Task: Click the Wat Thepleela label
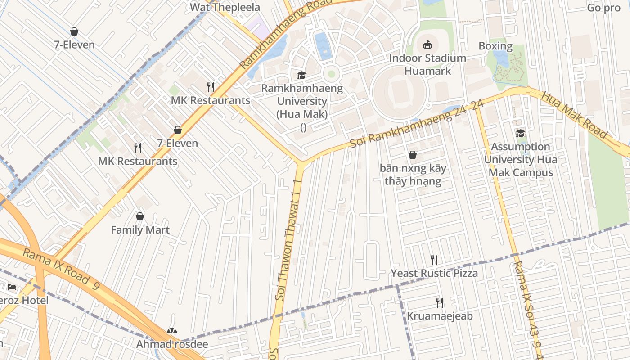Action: click(225, 7)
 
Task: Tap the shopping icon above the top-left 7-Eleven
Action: click(74, 31)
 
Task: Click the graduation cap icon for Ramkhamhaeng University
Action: click(301, 75)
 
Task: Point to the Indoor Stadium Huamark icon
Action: click(427, 45)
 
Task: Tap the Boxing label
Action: click(495, 46)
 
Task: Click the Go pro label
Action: click(603, 8)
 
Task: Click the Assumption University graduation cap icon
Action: click(520, 133)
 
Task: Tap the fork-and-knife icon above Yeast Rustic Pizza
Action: click(434, 260)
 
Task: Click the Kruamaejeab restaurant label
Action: click(440, 316)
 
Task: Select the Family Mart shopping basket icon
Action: click(140, 216)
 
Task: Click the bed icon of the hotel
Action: click(12, 287)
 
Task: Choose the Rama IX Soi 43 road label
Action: click(526, 306)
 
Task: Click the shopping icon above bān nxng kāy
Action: click(413, 155)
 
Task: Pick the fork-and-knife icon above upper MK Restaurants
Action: click(210, 86)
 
